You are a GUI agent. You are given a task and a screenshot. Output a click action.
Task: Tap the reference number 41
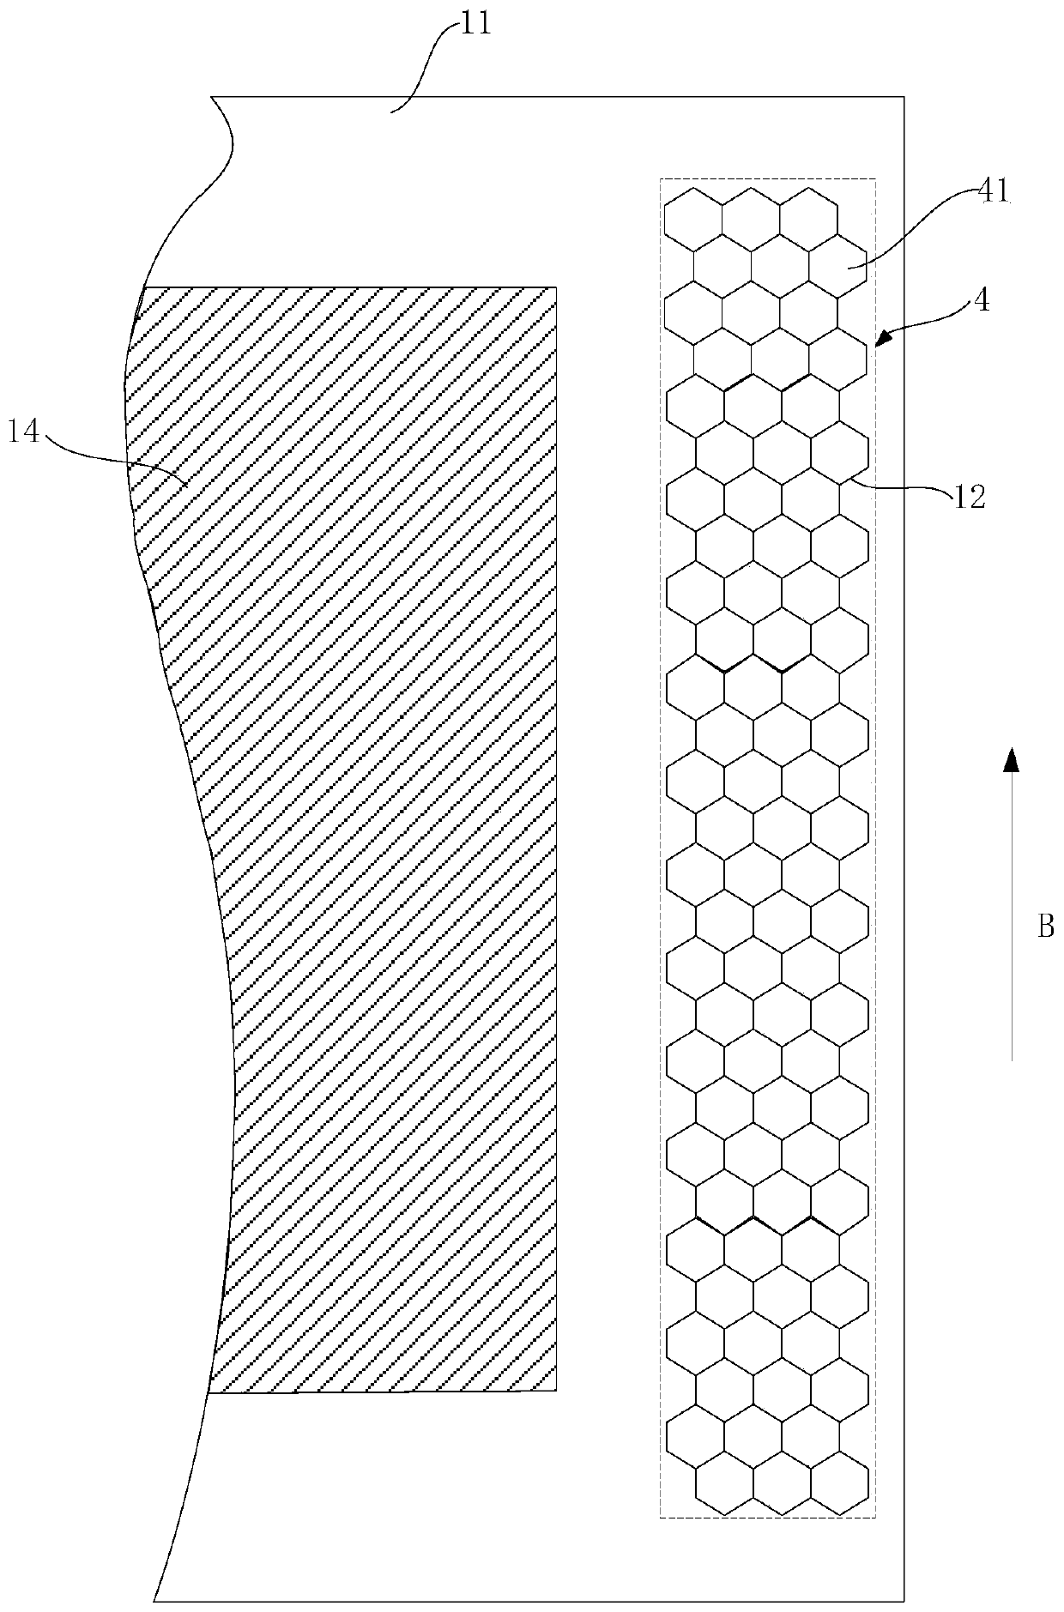994,190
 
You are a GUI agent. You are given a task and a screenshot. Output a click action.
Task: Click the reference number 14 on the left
23,432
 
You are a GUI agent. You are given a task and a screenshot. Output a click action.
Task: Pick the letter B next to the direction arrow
1045,927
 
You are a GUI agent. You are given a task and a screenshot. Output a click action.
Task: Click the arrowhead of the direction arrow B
1013,760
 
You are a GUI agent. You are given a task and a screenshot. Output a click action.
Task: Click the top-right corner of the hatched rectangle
557,287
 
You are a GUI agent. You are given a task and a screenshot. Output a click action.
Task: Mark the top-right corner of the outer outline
904,97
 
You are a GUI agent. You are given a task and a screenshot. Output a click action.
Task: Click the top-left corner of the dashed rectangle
660,178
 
